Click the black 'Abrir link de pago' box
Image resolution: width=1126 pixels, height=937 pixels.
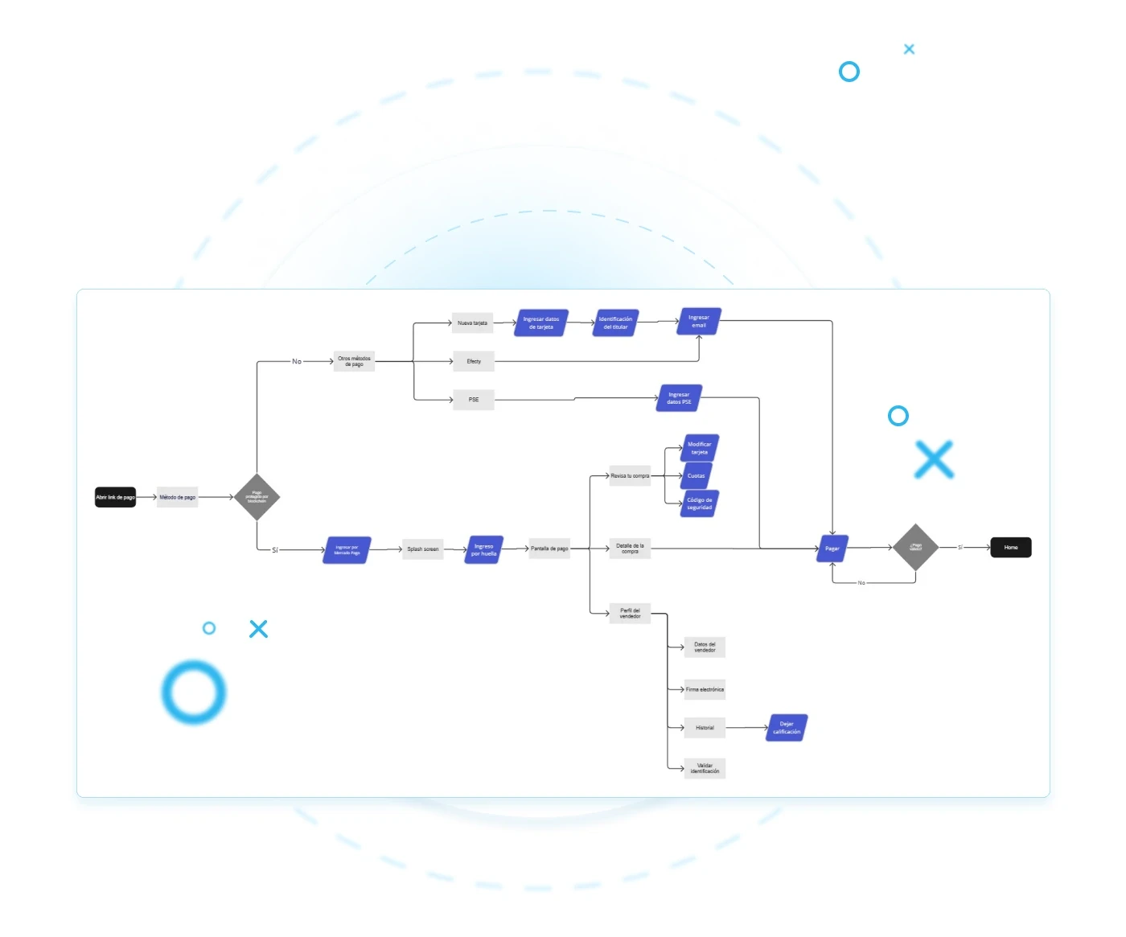[115, 497]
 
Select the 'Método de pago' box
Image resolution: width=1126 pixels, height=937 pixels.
[177, 497]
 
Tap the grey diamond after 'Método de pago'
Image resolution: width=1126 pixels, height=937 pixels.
[257, 497]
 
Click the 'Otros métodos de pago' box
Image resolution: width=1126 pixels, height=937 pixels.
[354, 361]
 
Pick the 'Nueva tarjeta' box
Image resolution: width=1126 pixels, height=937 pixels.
[472, 323]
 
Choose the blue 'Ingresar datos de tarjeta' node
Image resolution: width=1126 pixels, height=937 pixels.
[541, 323]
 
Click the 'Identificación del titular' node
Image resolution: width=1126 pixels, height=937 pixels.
[616, 323]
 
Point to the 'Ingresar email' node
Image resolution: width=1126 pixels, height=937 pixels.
[699, 321]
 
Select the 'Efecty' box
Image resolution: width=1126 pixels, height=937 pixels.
[474, 361]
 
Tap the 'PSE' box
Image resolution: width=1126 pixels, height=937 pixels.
[474, 399]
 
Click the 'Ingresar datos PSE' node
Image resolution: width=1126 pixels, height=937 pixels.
[679, 398]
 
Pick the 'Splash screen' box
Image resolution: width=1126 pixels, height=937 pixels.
[422, 549]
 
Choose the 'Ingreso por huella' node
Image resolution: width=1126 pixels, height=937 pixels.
[483, 550]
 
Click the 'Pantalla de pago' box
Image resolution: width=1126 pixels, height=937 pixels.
[549, 549]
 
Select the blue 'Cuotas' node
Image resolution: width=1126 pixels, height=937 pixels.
[697, 475]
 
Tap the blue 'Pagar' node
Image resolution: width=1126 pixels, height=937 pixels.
[832, 549]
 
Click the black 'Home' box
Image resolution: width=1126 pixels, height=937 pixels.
[1011, 547]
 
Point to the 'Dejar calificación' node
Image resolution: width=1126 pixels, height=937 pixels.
[787, 728]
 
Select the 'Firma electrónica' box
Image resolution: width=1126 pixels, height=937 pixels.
[705, 689]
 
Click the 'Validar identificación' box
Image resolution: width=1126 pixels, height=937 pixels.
[705, 768]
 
